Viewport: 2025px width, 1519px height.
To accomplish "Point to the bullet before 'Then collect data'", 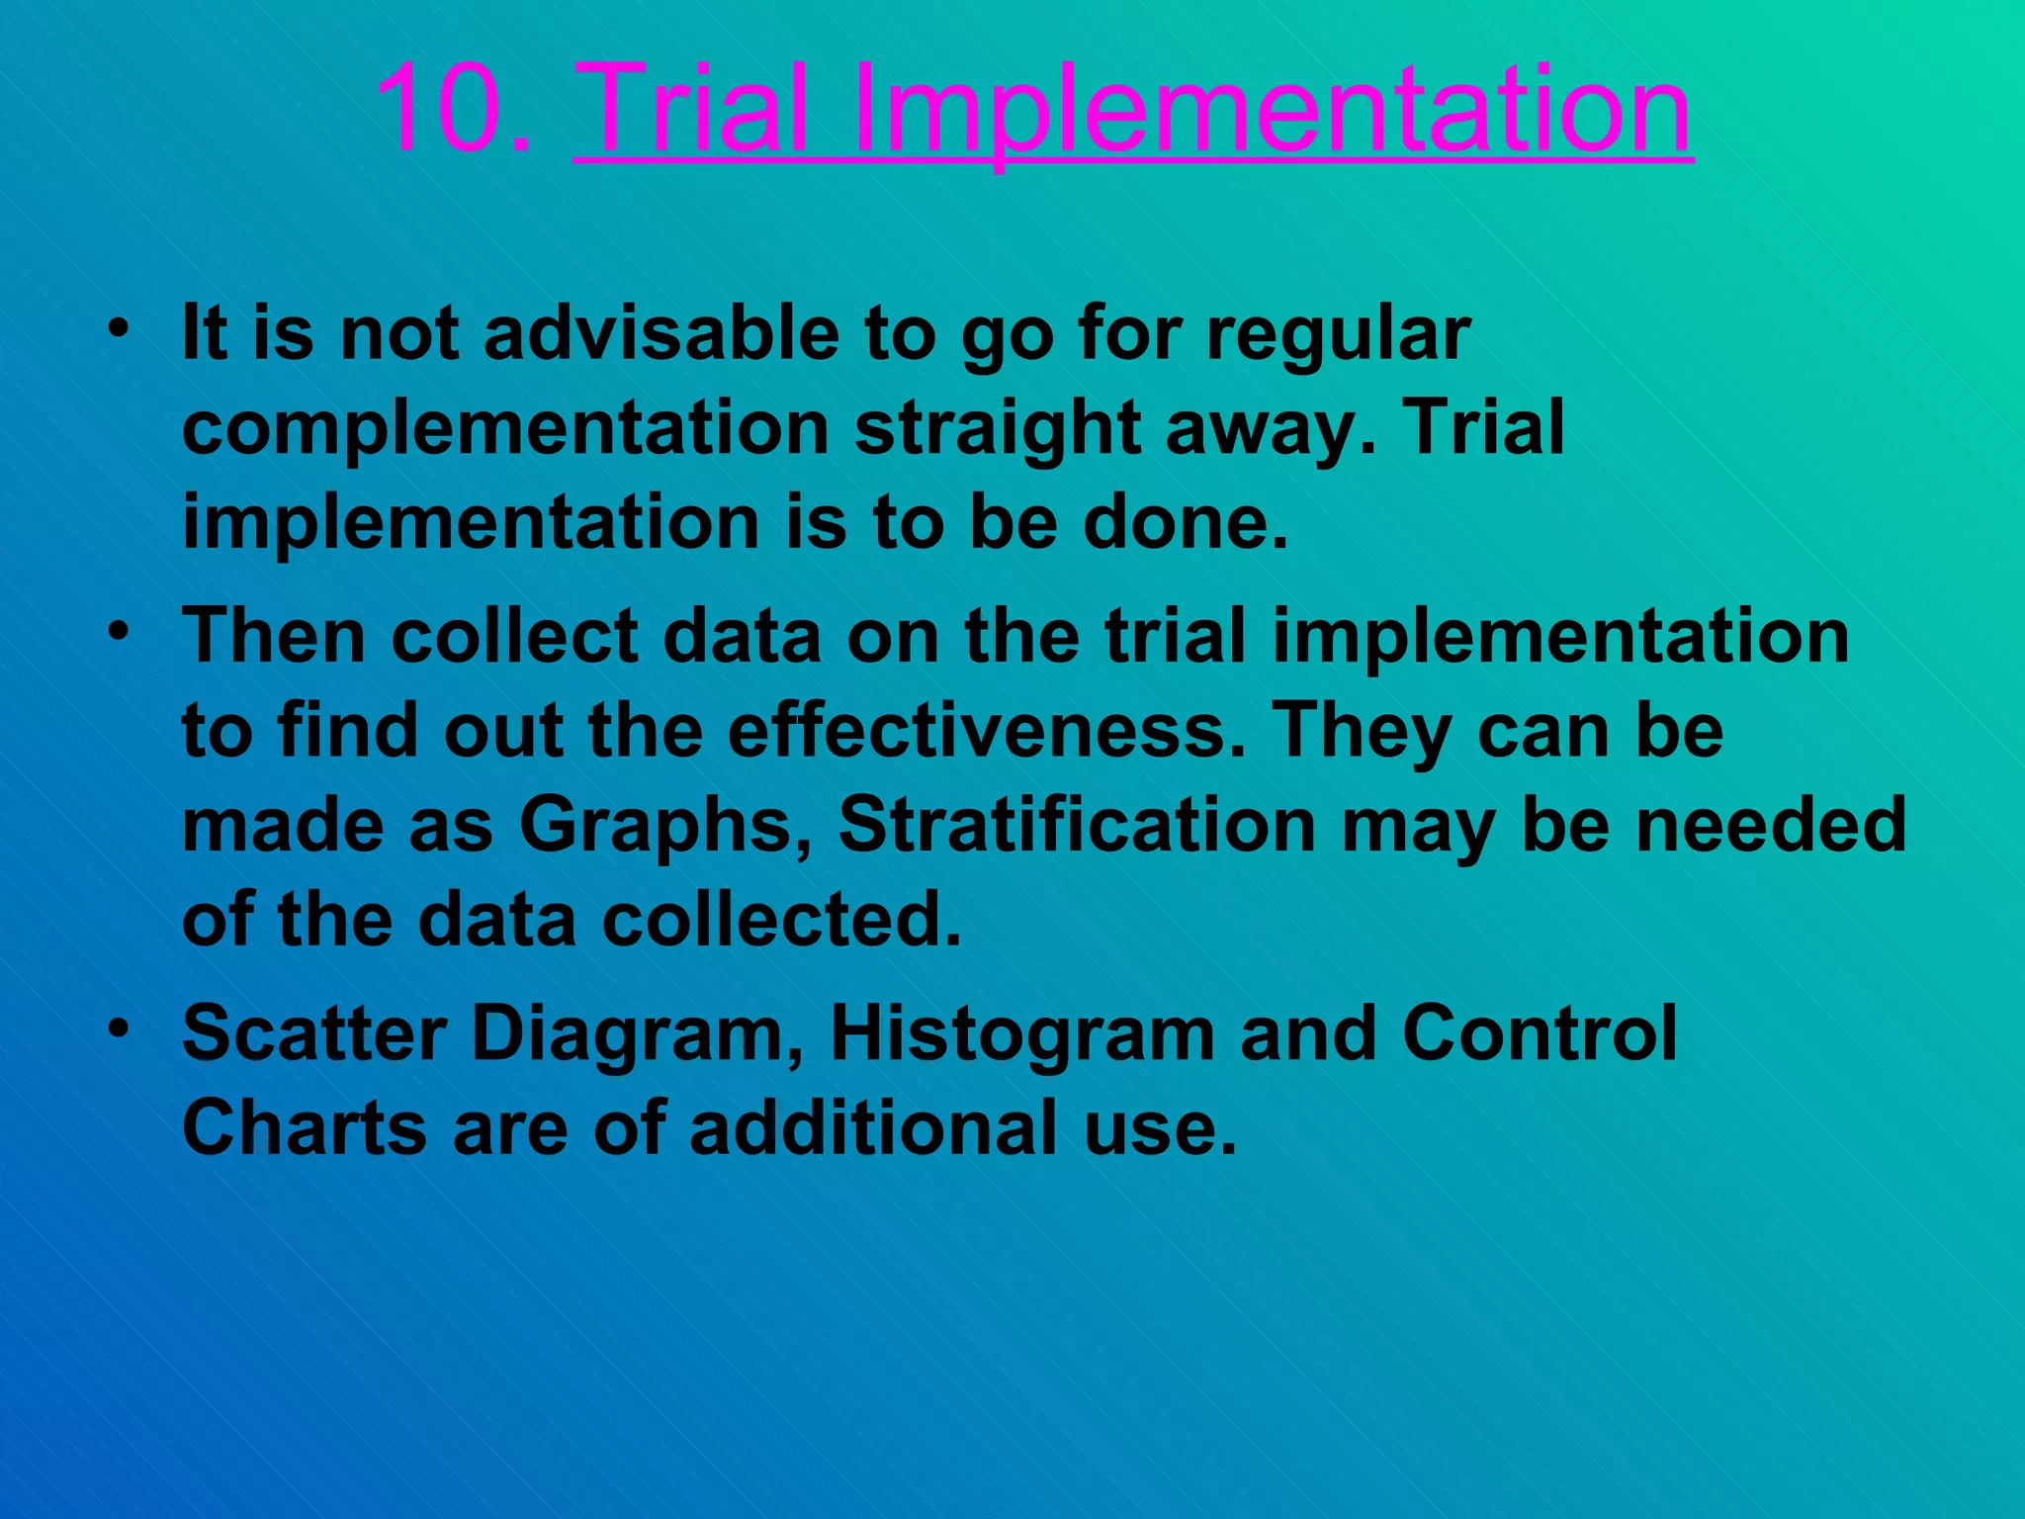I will (119, 631).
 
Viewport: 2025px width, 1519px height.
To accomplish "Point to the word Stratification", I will (1077, 825).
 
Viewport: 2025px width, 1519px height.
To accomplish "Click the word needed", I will (1771, 825).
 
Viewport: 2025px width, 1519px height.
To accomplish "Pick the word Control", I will (1539, 1032).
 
